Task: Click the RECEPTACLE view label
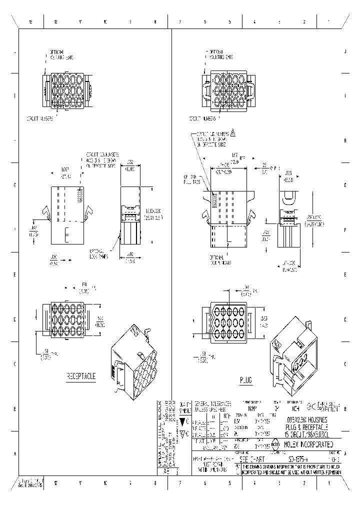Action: pyautogui.click(x=82, y=375)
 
